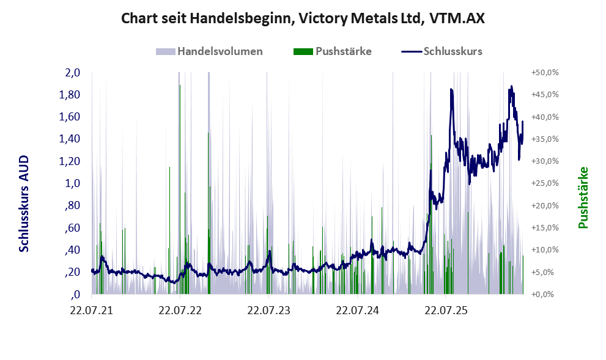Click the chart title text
(303, 18)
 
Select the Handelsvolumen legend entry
(209, 51)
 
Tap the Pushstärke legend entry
(333, 51)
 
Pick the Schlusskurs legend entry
(442, 51)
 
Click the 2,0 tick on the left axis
(72, 73)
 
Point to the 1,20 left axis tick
(70, 161)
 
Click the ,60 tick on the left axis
(72, 227)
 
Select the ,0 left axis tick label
(75, 295)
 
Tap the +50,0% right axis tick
(545, 73)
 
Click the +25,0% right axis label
(545, 183)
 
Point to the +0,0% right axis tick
(545, 295)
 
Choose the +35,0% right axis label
(545, 139)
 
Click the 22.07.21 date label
(92, 310)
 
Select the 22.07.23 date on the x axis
(268, 310)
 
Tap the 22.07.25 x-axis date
(446, 310)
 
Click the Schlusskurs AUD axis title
(24, 204)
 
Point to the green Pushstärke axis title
(583, 198)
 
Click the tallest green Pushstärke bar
(180, 189)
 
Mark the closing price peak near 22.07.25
(451, 90)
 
